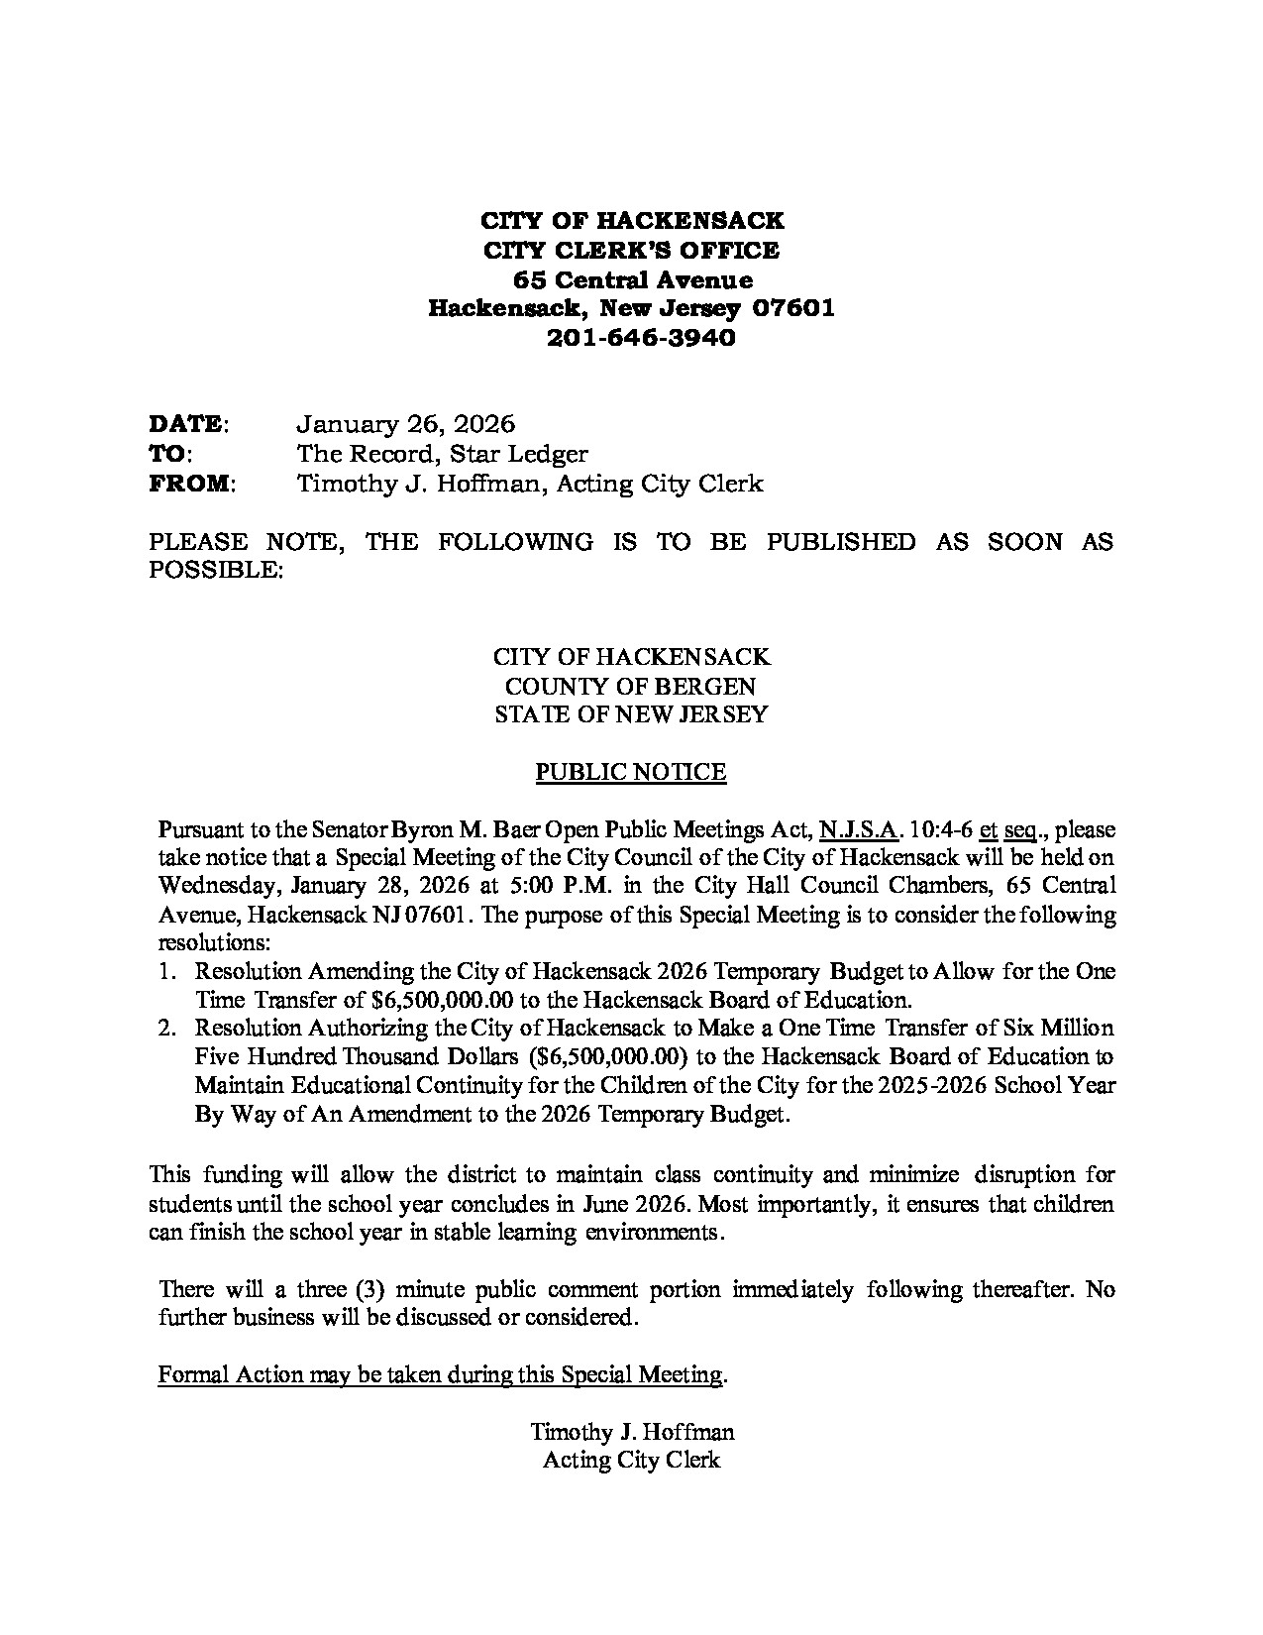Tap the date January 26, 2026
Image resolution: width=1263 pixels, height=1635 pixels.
click(406, 425)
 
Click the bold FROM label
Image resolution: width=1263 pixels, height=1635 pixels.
click(190, 485)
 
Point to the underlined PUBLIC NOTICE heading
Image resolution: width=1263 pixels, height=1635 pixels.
click(631, 773)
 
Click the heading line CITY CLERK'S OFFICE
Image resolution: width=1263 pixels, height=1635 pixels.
click(631, 250)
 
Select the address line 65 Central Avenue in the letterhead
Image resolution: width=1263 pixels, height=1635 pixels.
click(631, 279)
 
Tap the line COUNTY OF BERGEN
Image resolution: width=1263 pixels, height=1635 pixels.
click(631, 686)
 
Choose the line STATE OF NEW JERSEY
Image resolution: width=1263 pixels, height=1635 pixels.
click(631, 714)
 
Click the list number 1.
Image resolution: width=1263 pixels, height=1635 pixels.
click(167, 972)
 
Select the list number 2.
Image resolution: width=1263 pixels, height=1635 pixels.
click(167, 1029)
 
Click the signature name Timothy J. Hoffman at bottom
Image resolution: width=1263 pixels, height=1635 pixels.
click(632, 1432)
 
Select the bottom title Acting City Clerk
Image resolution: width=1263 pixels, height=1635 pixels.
click(632, 1460)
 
